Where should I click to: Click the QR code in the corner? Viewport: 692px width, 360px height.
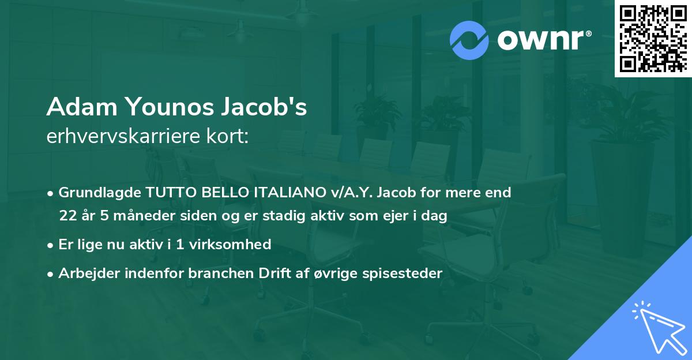[x=653, y=38]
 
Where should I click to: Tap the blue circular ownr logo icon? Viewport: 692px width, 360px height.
[x=469, y=40]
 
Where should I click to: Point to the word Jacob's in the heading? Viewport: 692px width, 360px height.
[x=271, y=107]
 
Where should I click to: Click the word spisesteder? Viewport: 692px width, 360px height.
[x=406, y=273]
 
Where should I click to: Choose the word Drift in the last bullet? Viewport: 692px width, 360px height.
[x=279, y=273]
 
